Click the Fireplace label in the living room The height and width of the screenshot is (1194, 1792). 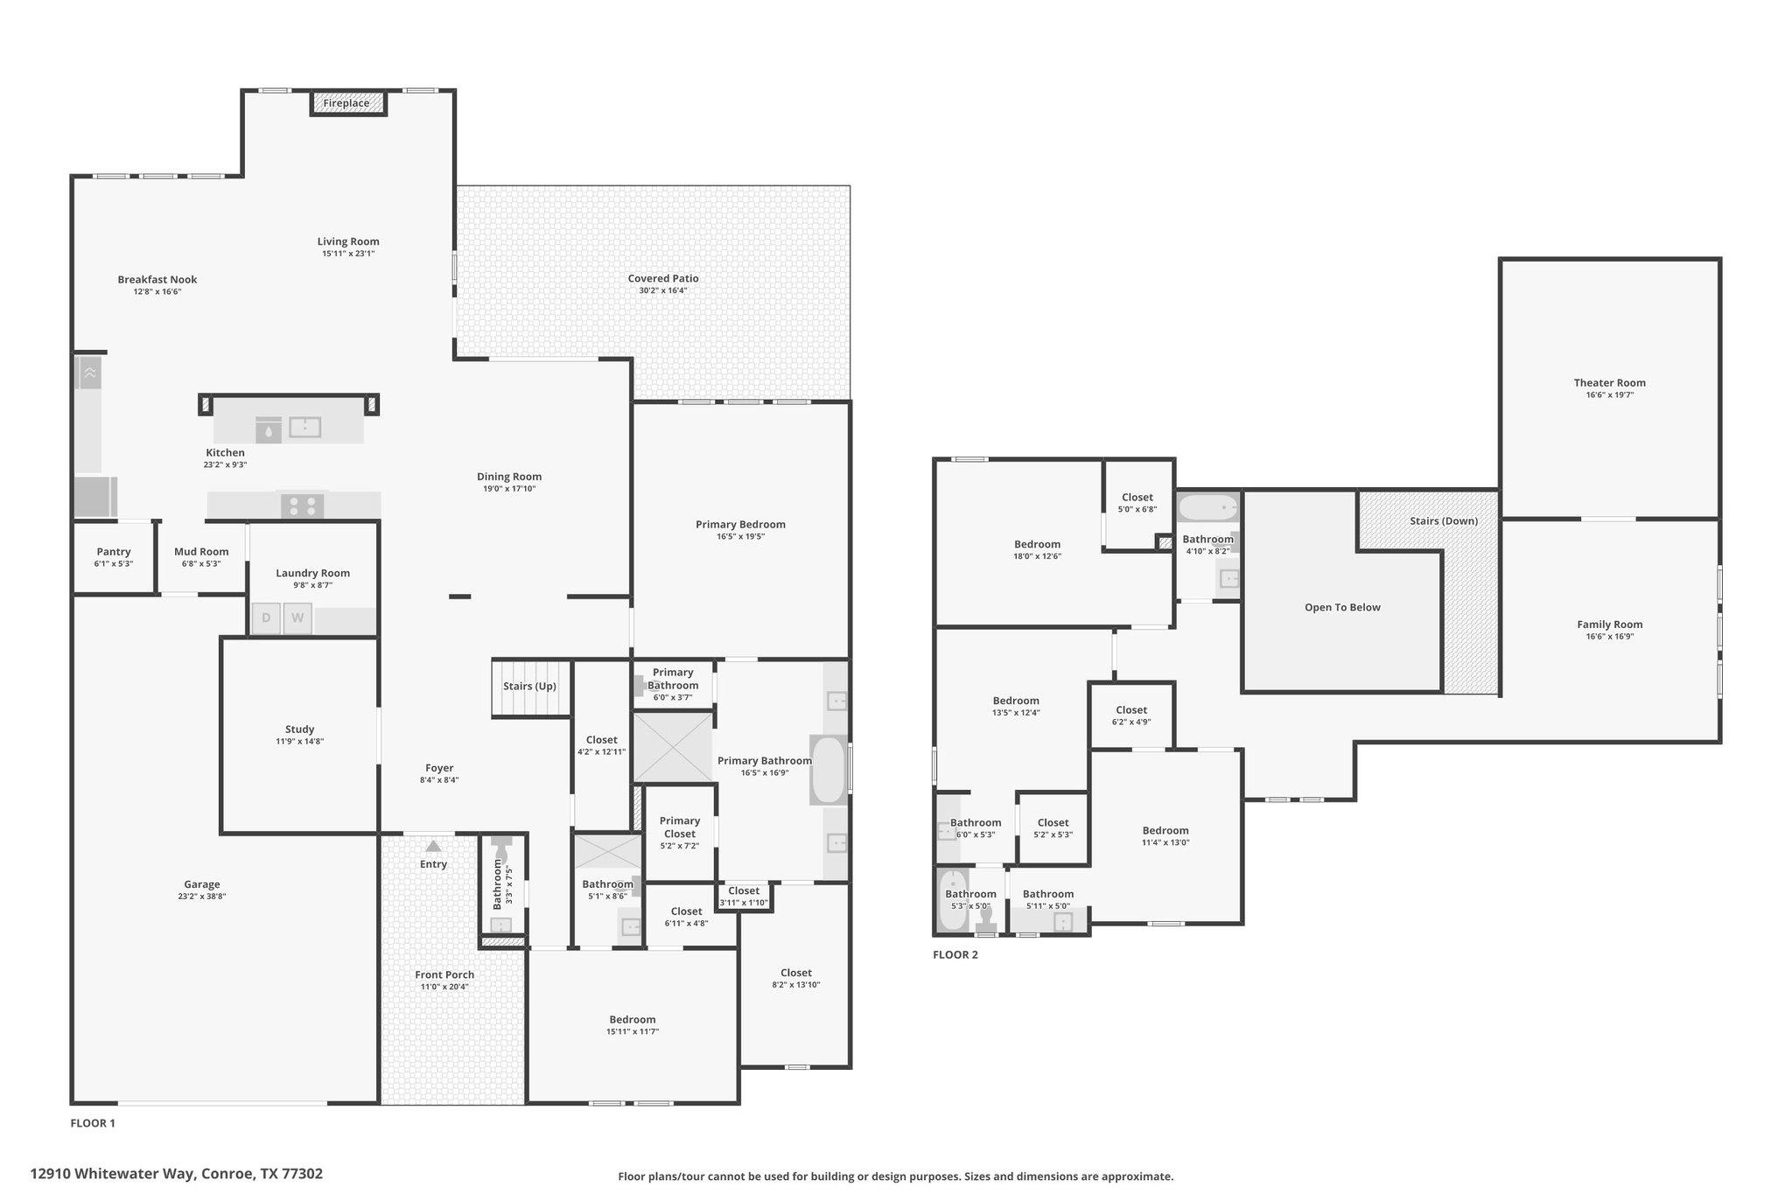[x=346, y=103]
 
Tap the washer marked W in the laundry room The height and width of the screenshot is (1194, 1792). [x=297, y=618]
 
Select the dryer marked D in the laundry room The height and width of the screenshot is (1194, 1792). [x=266, y=618]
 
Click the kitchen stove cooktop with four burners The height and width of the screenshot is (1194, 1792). [x=302, y=506]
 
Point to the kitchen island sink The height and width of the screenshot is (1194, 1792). [x=304, y=428]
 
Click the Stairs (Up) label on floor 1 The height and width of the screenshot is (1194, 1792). [x=529, y=686]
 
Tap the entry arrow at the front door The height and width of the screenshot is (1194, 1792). [x=433, y=846]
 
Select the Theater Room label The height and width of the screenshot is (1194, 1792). [x=1609, y=382]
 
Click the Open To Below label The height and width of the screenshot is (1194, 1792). [x=1342, y=607]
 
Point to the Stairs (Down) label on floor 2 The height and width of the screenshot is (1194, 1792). [x=1444, y=521]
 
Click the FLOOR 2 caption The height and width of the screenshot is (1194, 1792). [x=955, y=954]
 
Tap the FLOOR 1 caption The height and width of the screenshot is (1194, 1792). [x=93, y=1123]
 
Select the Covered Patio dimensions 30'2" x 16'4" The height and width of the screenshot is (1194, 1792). [x=662, y=290]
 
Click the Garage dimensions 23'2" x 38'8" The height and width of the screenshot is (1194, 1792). [x=202, y=897]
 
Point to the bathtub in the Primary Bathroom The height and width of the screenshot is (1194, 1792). [x=828, y=770]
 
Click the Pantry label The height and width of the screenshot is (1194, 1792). [x=114, y=552]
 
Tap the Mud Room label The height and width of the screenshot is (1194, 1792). [x=201, y=551]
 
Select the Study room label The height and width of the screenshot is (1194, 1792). [x=299, y=729]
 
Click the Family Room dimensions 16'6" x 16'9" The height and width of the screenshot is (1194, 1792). [x=1610, y=637]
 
